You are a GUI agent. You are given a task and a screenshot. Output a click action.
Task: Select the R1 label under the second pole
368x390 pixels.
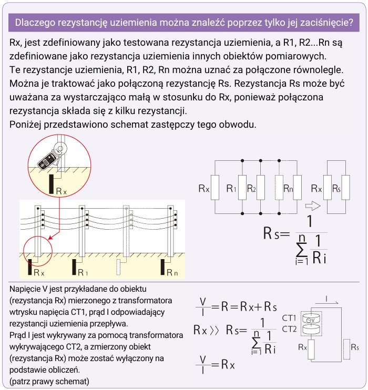(83, 272)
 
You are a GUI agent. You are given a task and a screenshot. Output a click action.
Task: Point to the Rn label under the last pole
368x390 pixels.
(172, 272)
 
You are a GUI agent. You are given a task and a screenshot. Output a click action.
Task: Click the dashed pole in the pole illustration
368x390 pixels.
(126, 231)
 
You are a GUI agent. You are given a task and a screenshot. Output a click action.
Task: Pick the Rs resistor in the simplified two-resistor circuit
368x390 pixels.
(345, 188)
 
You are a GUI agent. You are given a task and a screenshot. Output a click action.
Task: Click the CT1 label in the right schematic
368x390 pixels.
(289, 318)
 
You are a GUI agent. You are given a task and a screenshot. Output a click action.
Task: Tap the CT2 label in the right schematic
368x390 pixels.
(289, 329)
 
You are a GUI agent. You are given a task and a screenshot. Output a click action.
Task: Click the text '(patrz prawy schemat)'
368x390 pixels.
(49, 380)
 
